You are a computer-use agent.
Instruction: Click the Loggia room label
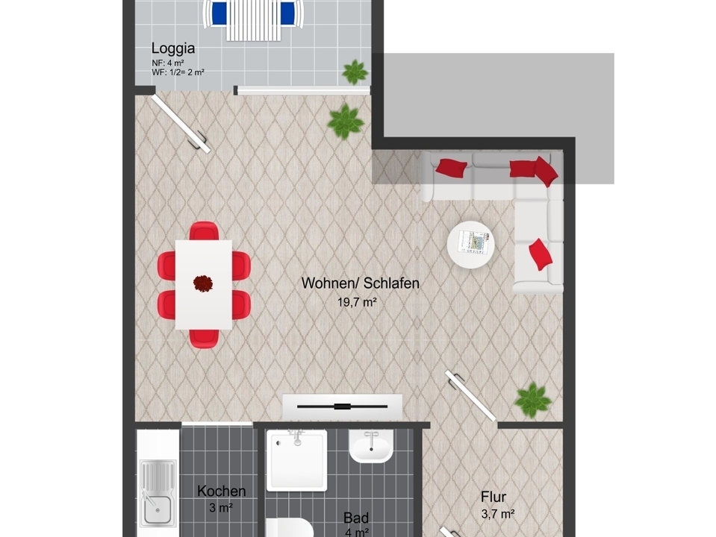pos(173,48)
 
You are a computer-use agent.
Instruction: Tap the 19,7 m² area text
pos(357,302)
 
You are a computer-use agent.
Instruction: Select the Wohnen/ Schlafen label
pos(361,283)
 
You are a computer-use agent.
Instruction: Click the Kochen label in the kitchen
pos(222,491)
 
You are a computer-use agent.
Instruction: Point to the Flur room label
pos(494,497)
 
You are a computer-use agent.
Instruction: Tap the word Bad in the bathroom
pos(356,518)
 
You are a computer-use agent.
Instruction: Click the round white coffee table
pos(471,245)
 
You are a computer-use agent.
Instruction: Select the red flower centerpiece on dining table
pos(203,283)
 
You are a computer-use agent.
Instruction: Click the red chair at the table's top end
pos(204,230)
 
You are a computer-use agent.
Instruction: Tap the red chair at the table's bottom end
pos(204,338)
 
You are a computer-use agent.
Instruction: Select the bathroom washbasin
pos(371,446)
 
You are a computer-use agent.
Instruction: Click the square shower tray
pos(297,461)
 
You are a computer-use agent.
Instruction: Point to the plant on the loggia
pos(355,72)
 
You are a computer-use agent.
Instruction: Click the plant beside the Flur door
pos(533,401)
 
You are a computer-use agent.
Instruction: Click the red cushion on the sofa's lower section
pos(541,254)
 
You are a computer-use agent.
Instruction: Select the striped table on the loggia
pos(253,21)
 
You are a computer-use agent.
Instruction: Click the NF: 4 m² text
pos(168,63)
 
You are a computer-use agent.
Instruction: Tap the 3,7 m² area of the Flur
pos(498,514)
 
